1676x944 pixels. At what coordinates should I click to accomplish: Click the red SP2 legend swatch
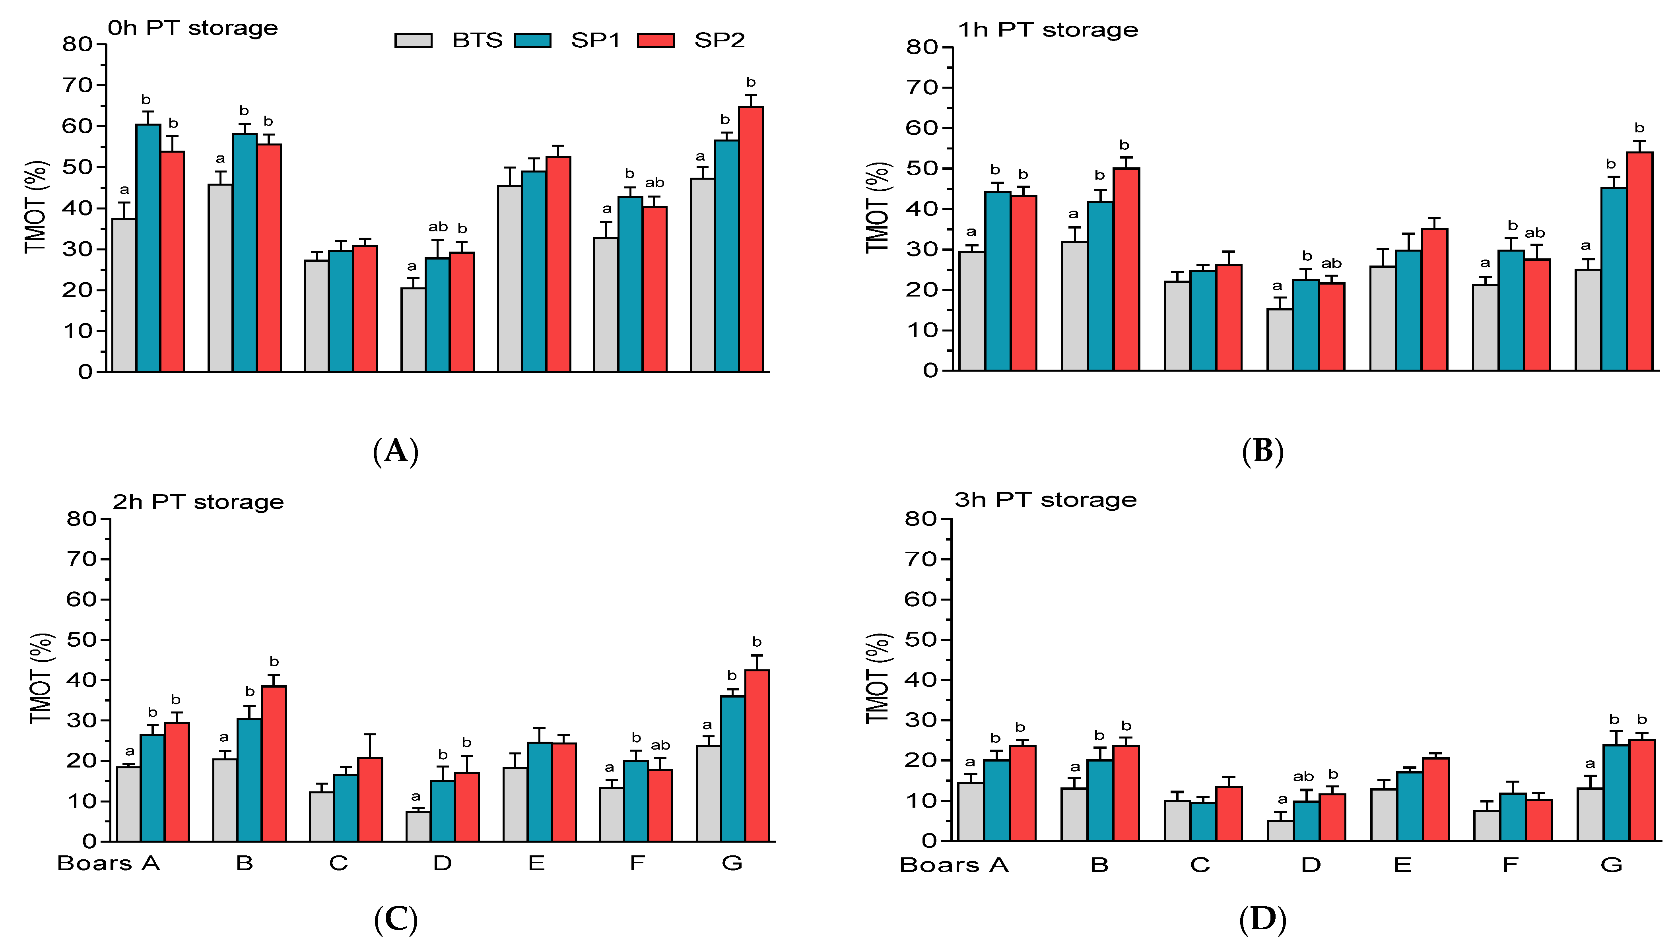(656, 40)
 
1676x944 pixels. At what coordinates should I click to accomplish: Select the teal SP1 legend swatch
(532, 40)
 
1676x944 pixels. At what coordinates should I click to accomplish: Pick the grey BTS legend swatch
(413, 40)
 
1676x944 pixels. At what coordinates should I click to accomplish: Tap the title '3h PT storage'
(1045, 500)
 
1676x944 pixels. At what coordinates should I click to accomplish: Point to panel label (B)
(1262, 451)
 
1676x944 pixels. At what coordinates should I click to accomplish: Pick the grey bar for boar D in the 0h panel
(413, 330)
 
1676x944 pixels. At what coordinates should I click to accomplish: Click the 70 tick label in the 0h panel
(78, 85)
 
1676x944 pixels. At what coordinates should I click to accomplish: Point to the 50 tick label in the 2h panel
(82, 640)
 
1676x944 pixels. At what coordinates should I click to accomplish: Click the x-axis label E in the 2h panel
(536, 863)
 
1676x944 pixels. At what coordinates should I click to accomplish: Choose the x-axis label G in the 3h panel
(1611, 865)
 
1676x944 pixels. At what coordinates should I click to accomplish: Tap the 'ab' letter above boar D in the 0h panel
(438, 227)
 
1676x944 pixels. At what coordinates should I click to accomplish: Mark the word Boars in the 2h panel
(94, 863)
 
